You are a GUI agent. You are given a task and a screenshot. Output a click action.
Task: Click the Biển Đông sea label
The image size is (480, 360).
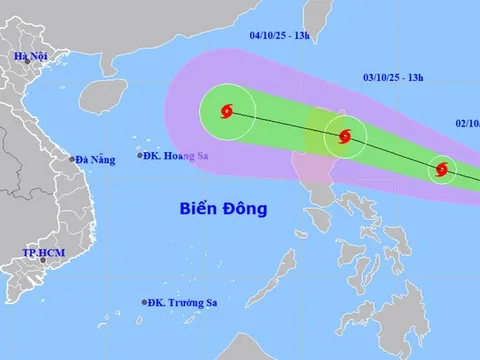point(229,208)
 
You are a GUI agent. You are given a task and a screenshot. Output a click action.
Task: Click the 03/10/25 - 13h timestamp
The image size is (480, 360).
point(394,76)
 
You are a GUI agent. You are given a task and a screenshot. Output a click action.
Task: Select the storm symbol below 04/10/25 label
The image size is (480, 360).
point(227,112)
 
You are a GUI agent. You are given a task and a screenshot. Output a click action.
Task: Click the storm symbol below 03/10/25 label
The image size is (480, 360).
point(344,138)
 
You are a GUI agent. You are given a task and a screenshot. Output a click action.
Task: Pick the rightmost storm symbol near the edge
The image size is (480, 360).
point(441,170)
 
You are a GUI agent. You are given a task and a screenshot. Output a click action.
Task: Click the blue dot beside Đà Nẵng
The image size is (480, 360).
point(72,158)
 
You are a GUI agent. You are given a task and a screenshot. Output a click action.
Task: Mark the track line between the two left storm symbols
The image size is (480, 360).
point(285,125)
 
